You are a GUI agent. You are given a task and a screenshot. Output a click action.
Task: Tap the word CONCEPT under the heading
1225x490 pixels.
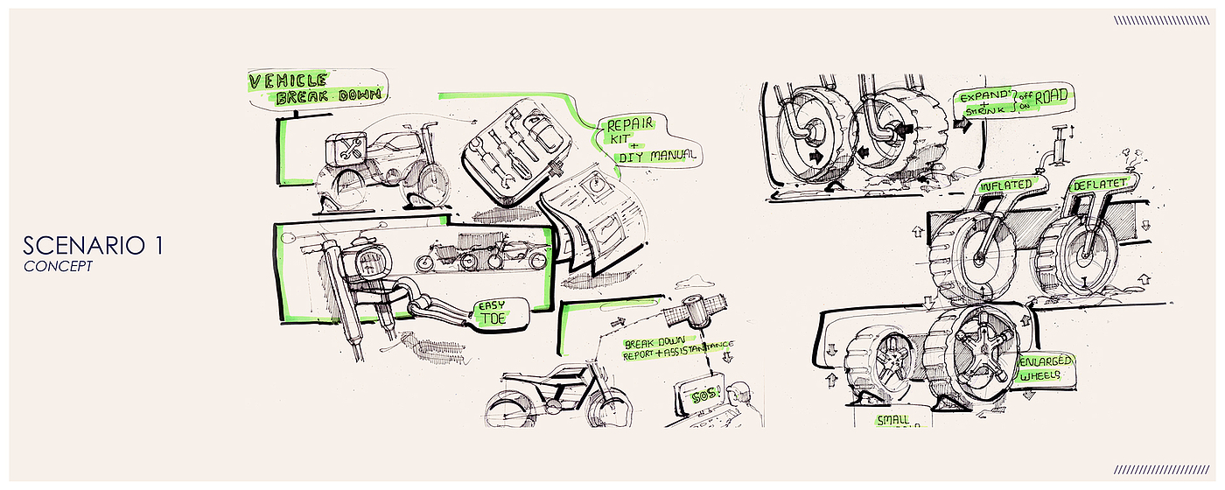coord(58,266)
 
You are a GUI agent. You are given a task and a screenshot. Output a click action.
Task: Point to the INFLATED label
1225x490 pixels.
coord(1006,185)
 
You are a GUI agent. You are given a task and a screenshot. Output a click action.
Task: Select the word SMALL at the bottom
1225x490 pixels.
coord(892,420)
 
